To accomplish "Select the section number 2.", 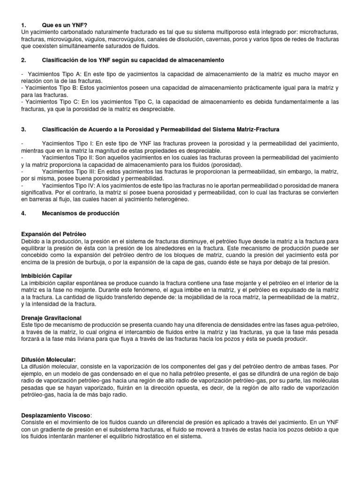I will [x=24, y=60].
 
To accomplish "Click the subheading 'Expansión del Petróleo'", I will [x=54, y=233].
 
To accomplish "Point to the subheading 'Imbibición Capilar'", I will [x=47, y=276].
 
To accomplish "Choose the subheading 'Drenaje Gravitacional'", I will [x=52, y=318].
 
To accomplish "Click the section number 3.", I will [x=24, y=129].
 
